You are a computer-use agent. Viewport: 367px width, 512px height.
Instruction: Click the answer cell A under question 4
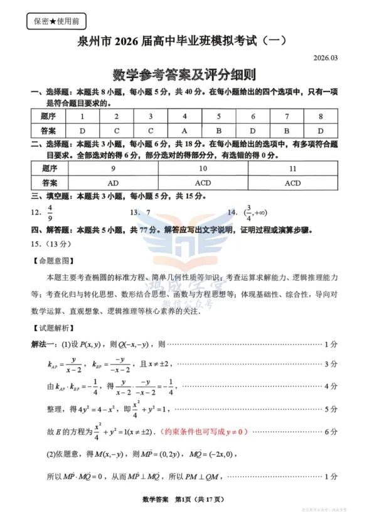[184, 131]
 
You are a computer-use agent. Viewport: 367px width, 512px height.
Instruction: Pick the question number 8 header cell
[320, 116]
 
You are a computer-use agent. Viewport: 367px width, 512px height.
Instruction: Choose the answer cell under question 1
[82, 131]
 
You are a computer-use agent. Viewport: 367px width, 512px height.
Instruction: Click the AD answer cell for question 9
[113, 183]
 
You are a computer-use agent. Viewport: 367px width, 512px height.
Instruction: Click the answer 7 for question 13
[148, 213]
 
